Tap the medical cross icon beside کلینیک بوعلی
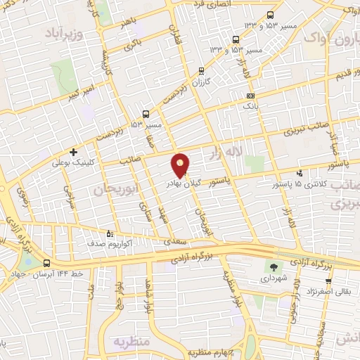coord(73,151)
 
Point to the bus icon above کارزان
coord(202,70)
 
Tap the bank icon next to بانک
coord(249,96)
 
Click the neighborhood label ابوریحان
coord(113,189)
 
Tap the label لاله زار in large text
coord(227,150)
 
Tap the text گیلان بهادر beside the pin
coord(185,182)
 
